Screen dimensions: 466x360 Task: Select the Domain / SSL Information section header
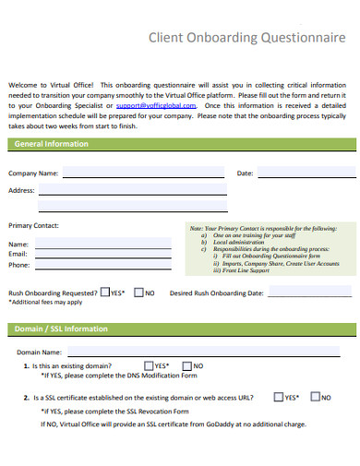click(61, 329)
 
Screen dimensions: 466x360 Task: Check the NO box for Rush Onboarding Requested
click(138, 293)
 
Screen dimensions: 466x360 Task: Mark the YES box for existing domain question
click(148, 366)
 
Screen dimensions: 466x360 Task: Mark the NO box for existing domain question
click(186, 366)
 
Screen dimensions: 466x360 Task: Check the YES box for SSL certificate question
click(278, 398)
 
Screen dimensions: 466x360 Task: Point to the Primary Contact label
click(33, 225)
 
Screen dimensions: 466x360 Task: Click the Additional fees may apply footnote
click(45, 302)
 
